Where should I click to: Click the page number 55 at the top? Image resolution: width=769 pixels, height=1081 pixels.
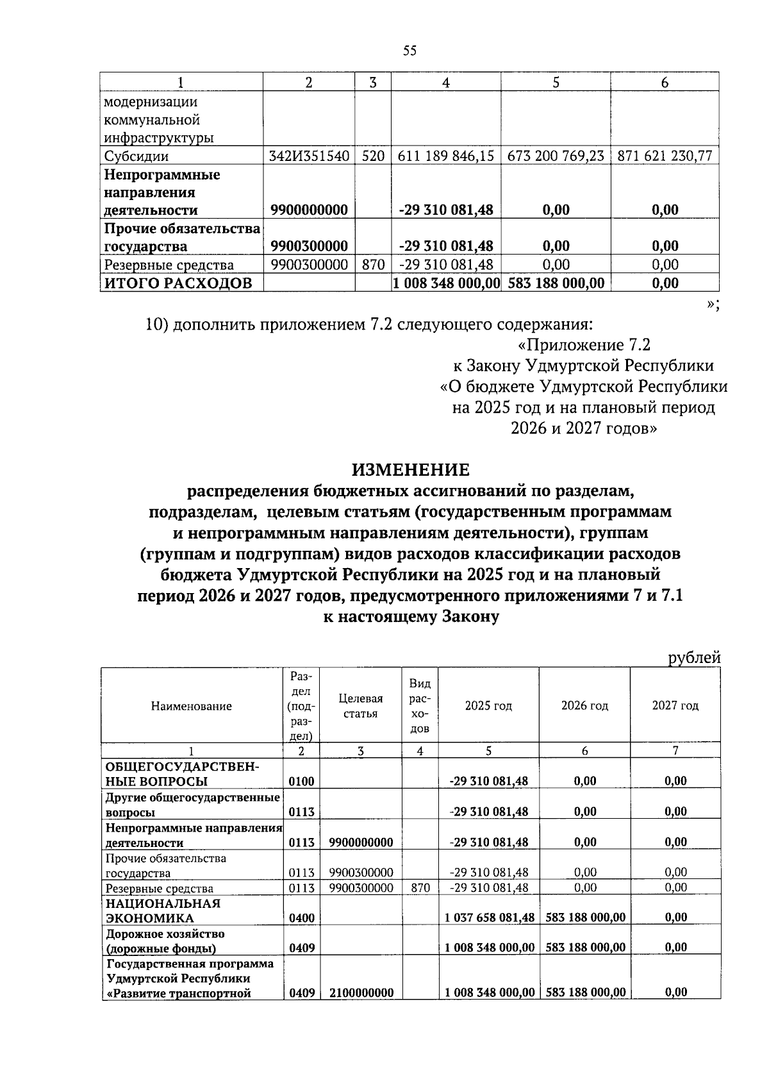(410, 51)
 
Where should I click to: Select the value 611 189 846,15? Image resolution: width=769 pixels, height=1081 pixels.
(446, 156)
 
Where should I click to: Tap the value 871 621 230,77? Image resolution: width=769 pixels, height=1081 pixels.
(665, 156)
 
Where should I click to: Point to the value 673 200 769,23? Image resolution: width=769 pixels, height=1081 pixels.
(556, 156)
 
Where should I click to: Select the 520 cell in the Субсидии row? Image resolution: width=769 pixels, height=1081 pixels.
(373, 156)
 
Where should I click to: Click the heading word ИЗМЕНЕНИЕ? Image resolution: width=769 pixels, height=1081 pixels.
(410, 470)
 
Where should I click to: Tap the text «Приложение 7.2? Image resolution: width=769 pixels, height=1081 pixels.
(584, 345)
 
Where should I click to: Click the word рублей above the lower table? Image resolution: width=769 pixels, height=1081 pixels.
(694, 657)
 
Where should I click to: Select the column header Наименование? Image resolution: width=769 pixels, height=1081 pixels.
(192, 706)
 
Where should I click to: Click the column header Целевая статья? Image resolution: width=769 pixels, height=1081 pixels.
(360, 706)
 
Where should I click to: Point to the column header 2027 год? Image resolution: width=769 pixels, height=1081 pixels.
(675, 705)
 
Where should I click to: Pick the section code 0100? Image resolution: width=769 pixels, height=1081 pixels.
(302, 781)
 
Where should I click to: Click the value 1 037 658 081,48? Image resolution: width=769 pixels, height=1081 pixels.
(490, 918)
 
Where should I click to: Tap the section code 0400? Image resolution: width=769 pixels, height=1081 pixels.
(302, 918)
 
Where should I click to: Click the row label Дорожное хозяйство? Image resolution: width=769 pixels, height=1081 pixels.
(165, 934)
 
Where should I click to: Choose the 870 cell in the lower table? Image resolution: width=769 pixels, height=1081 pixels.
(420, 887)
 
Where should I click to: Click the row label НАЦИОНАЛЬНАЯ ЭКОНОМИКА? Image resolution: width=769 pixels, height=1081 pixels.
(163, 910)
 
